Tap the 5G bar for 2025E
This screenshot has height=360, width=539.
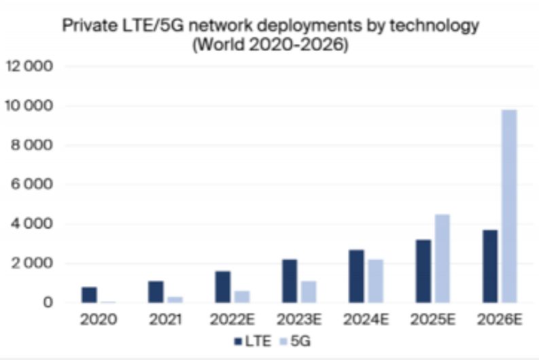[442, 258]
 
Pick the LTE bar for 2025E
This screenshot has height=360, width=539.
[423, 271]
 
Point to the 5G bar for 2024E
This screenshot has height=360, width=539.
[375, 281]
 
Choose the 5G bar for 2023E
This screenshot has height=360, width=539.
[309, 291]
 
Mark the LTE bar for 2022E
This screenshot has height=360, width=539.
[223, 287]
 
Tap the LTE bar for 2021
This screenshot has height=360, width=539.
[156, 291]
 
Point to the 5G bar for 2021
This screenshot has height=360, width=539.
[175, 299]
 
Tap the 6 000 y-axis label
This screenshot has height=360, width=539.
[31, 184]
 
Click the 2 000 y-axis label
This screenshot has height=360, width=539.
[31, 263]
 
